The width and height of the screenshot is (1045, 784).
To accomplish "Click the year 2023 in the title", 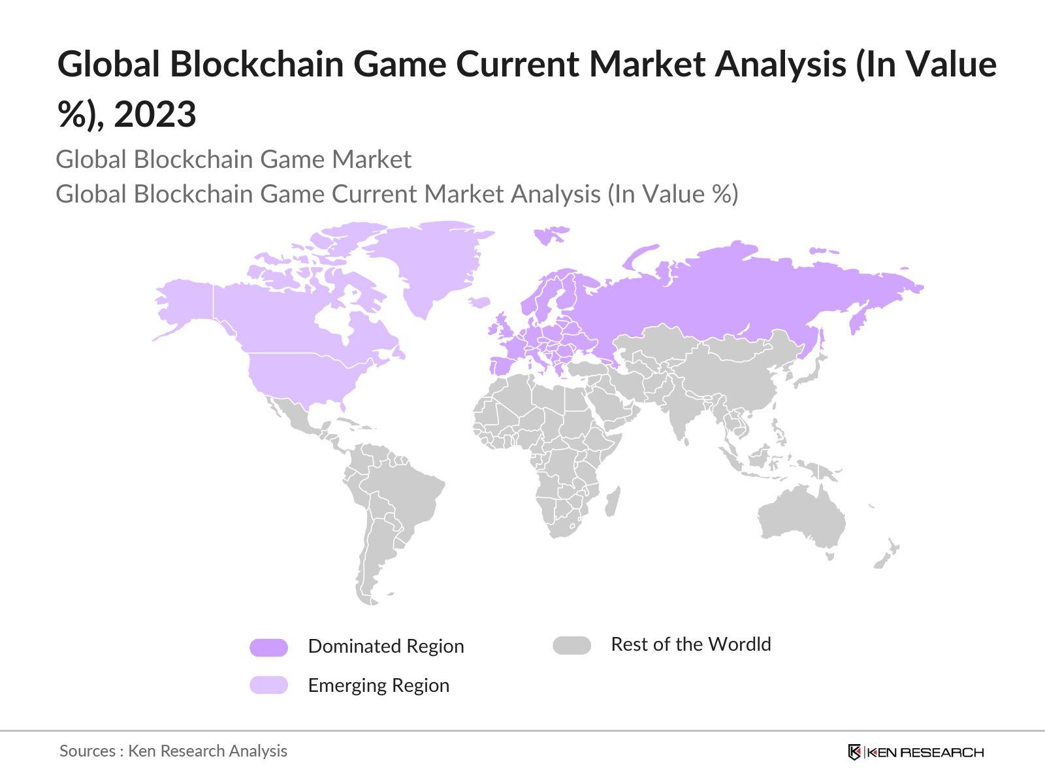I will click(155, 115).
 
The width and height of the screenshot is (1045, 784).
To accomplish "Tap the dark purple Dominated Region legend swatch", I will click(268, 647).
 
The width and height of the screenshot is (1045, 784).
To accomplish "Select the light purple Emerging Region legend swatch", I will click(268, 685).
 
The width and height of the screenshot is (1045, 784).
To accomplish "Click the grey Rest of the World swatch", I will click(571, 645).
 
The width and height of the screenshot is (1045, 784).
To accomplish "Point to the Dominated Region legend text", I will click(385, 647).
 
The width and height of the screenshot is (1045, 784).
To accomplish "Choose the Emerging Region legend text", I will click(378, 686).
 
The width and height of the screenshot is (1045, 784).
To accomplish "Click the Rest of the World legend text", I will click(690, 645).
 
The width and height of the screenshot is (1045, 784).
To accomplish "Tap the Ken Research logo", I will click(915, 752).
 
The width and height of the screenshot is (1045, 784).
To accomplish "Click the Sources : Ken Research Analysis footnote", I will click(173, 751).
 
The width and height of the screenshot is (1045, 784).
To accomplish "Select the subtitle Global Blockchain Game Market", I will click(233, 159).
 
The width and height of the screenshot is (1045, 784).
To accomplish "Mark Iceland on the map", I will click(480, 302).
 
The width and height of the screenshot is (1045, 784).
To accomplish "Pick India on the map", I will click(679, 418).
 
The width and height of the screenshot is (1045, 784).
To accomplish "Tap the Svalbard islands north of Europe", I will click(551, 234).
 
